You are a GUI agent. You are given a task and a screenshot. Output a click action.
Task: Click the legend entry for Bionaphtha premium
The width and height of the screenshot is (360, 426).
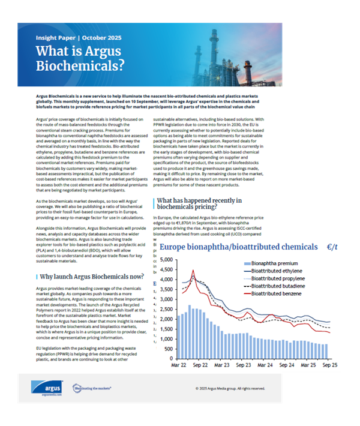pos(278,263)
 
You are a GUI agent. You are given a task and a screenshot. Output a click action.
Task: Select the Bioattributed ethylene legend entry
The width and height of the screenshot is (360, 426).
pos(284,271)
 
